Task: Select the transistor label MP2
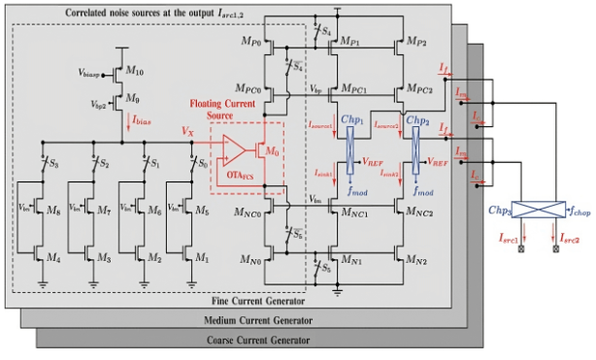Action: coord(415,44)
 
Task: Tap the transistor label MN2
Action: coord(415,261)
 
